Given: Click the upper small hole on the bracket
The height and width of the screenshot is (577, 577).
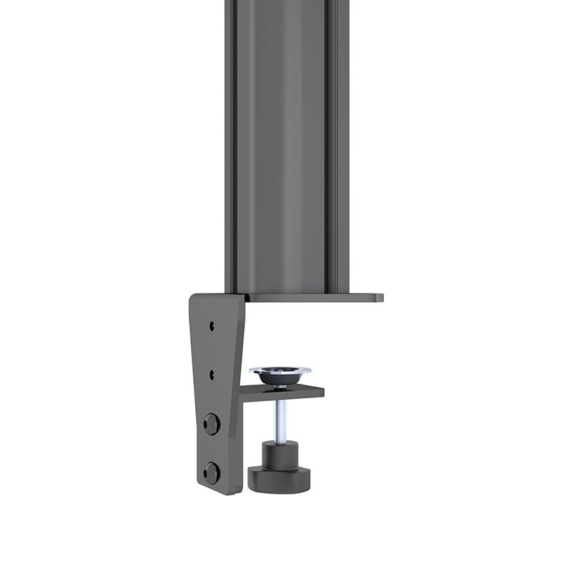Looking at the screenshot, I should click(x=212, y=326).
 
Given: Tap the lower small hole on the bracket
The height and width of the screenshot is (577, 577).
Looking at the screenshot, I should click(x=212, y=373).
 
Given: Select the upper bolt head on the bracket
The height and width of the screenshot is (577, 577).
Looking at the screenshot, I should click(x=211, y=424).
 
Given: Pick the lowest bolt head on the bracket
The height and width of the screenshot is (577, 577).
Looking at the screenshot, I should click(x=211, y=472).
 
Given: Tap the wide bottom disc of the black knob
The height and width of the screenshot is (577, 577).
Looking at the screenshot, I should click(x=279, y=478).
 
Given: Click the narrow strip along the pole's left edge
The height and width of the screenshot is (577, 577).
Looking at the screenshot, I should click(x=228, y=142).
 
